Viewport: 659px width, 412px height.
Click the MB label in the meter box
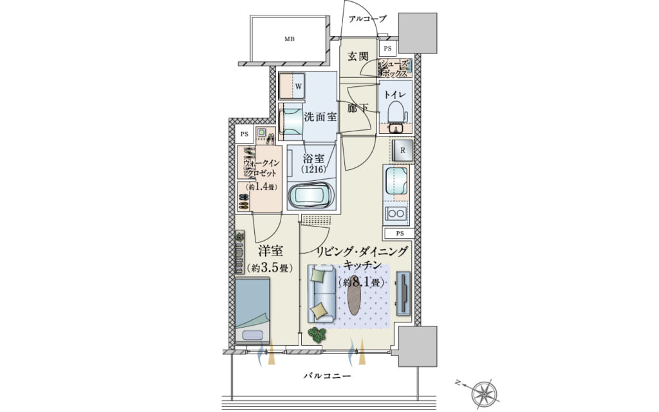tap(289, 39)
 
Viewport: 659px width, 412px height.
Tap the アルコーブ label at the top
tap(367, 19)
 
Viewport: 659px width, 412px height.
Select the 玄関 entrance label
tap(358, 57)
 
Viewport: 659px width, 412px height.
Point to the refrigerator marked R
tap(402, 151)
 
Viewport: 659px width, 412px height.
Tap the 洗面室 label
tap(320, 117)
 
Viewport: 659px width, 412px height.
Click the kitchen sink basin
tap(396, 181)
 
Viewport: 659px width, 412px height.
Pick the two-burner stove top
tap(396, 214)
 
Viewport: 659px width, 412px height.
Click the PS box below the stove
tap(399, 233)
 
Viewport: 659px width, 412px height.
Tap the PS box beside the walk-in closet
tap(244, 135)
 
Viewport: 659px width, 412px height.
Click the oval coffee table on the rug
tap(355, 295)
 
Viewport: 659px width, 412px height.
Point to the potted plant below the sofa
tap(317, 334)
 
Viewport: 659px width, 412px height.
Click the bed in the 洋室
tap(252, 311)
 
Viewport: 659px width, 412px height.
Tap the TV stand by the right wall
tap(404, 293)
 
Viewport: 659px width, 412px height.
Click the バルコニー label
tap(327, 375)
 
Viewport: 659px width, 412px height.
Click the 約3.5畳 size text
tap(270, 268)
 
